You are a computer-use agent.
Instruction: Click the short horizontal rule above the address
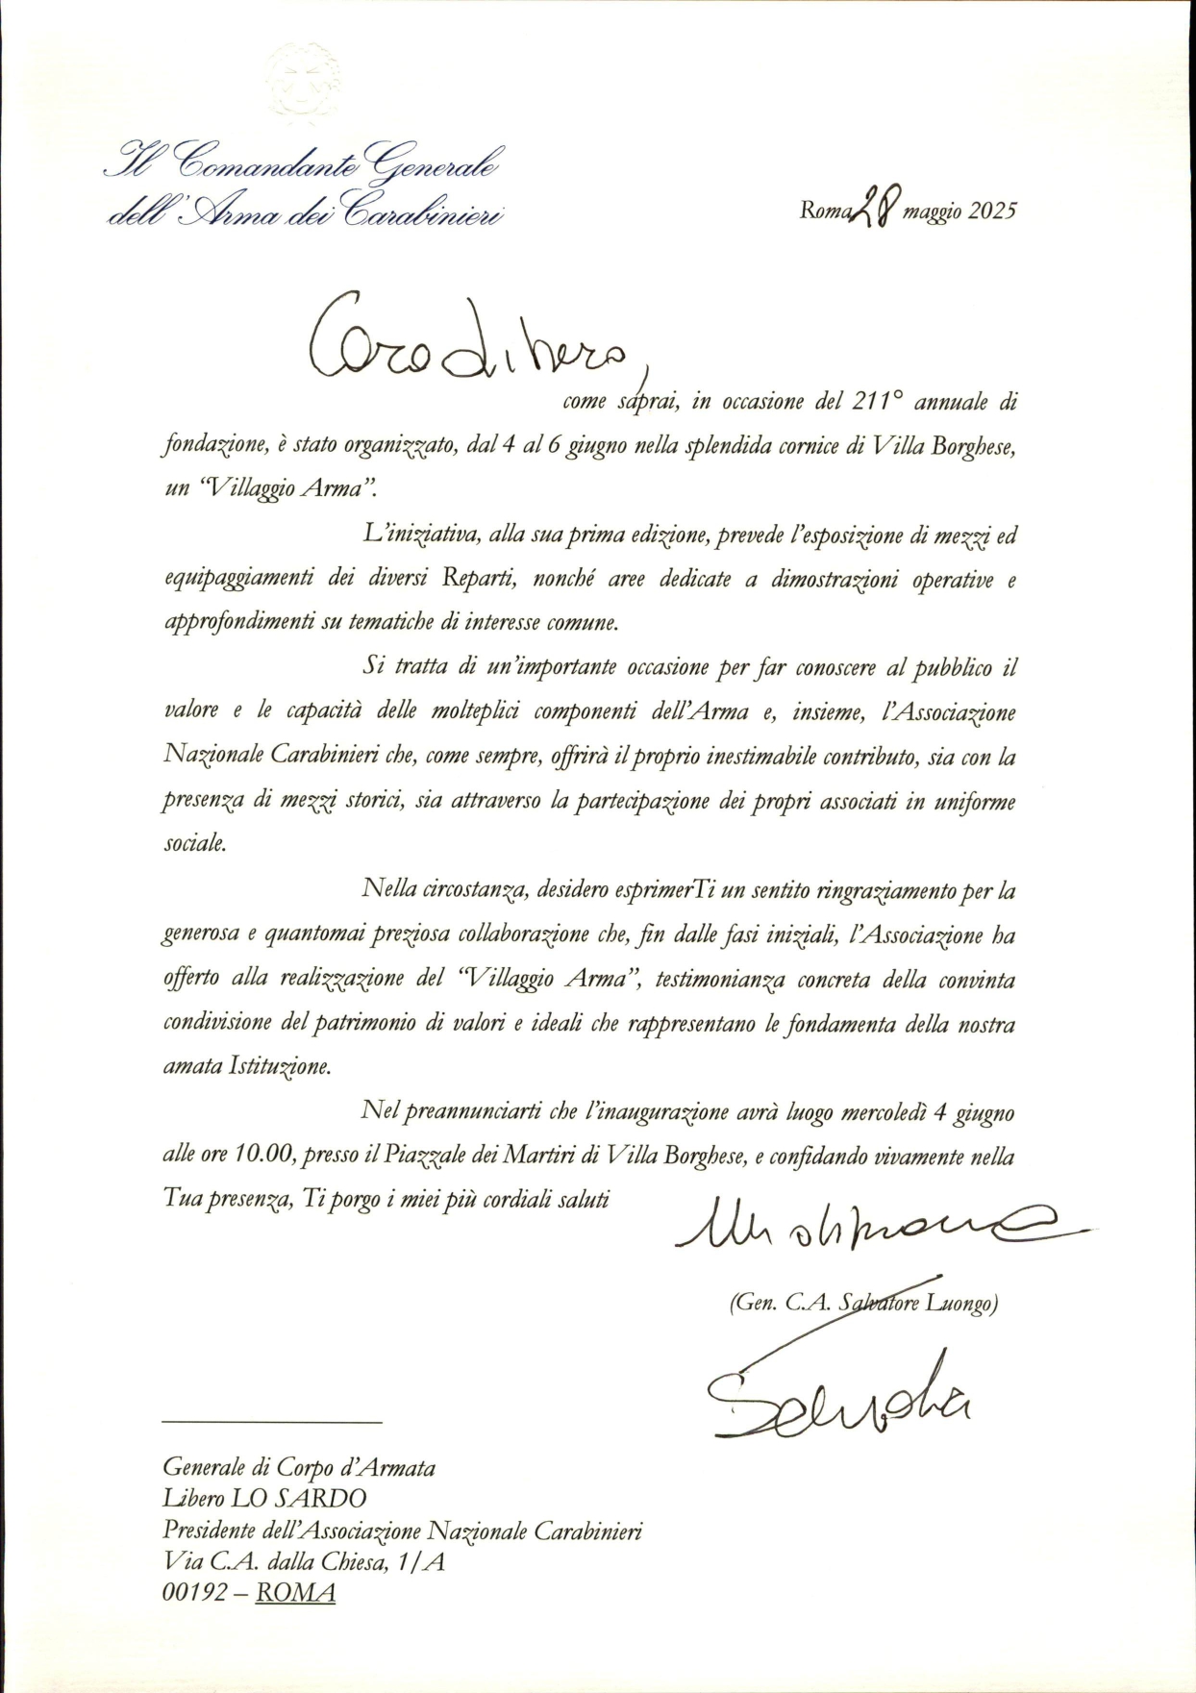[272, 1421]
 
